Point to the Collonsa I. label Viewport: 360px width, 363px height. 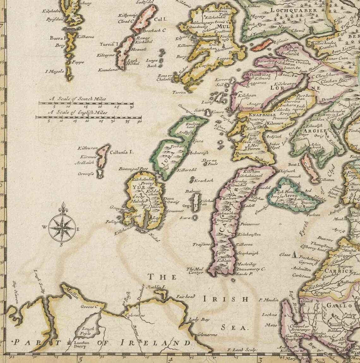(122, 152)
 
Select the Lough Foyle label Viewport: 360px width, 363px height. (88, 331)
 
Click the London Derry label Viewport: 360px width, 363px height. (81, 344)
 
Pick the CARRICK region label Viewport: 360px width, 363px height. (339, 271)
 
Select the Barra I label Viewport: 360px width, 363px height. (57, 38)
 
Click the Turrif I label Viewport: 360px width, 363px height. (109, 44)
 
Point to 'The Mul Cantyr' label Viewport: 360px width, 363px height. (195, 271)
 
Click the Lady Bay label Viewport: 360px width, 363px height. (199, 319)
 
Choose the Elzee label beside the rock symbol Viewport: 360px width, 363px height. (285, 254)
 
